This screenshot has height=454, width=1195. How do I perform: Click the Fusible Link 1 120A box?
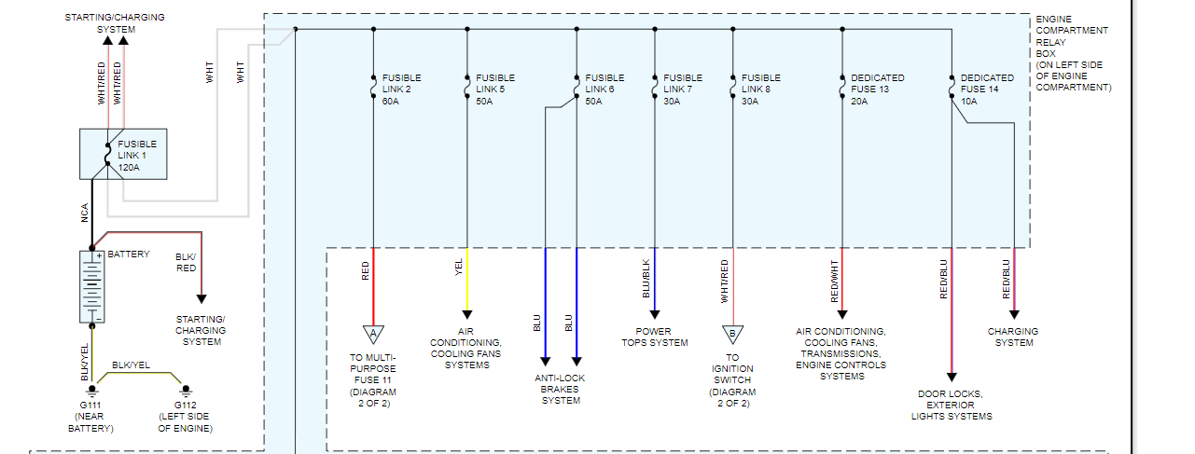(x=124, y=154)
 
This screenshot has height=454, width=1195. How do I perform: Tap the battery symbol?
(x=91, y=286)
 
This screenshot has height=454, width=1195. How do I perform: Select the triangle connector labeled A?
(x=373, y=334)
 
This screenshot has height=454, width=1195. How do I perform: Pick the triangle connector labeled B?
(x=732, y=334)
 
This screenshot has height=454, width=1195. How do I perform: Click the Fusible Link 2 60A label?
(x=401, y=89)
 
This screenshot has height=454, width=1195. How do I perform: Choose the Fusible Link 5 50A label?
(x=495, y=89)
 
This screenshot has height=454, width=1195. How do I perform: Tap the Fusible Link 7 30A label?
(x=683, y=89)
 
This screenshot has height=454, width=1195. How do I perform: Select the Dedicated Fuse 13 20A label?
(x=878, y=89)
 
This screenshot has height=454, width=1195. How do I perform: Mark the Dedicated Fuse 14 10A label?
(x=987, y=89)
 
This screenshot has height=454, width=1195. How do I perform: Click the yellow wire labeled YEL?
(x=466, y=280)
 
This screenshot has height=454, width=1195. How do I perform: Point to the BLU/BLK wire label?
(x=645, y=277)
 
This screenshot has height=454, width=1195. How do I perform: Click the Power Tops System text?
(x=655, y=337)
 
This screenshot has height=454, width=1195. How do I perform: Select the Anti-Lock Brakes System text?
(x=560, y=389)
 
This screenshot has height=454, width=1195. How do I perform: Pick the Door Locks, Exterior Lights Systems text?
(x=952, y=405)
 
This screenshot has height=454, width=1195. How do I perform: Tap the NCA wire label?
(x=84, y=213)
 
